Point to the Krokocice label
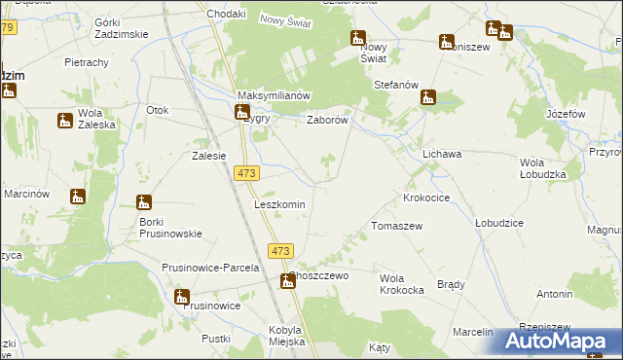(426, 198)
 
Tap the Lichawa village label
(442, 154)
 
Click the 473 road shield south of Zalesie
(245, 172)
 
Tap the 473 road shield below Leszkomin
(279, 251)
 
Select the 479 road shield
(7, 27)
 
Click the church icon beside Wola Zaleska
(65, 121)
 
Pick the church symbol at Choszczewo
(288, 282)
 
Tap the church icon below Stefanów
(427, 98)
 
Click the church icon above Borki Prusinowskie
(143, 202)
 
